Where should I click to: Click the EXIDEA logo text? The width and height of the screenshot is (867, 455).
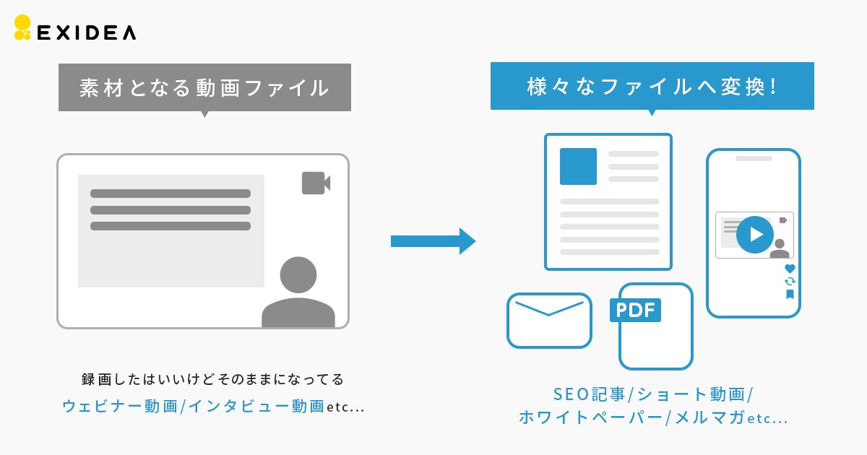point(85,32)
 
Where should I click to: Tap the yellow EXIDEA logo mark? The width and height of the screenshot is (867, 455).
point(22,27)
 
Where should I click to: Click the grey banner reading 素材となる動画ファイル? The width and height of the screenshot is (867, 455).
point(204,87)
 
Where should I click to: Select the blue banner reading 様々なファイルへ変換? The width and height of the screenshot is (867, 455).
point(652,86)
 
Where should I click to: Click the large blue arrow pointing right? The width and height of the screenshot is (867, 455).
point(433,241)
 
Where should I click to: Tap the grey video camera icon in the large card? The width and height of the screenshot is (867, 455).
point(316,183)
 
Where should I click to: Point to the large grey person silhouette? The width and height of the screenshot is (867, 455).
point(298,292)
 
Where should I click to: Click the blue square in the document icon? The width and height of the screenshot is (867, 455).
point(578,166)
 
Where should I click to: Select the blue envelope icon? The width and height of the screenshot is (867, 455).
point(549,320)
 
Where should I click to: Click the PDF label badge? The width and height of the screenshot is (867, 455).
point(636,311)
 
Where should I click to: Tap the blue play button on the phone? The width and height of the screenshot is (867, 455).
point(755,235)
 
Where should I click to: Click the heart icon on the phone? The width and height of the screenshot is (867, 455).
point(790,269)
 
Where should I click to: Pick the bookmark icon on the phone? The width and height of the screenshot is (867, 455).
point(790,294)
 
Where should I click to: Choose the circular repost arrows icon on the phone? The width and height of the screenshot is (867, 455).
point(790,281)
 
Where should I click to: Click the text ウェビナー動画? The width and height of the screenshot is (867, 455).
point(120,407)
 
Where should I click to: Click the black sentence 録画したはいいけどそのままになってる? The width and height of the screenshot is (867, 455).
point(213,379)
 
